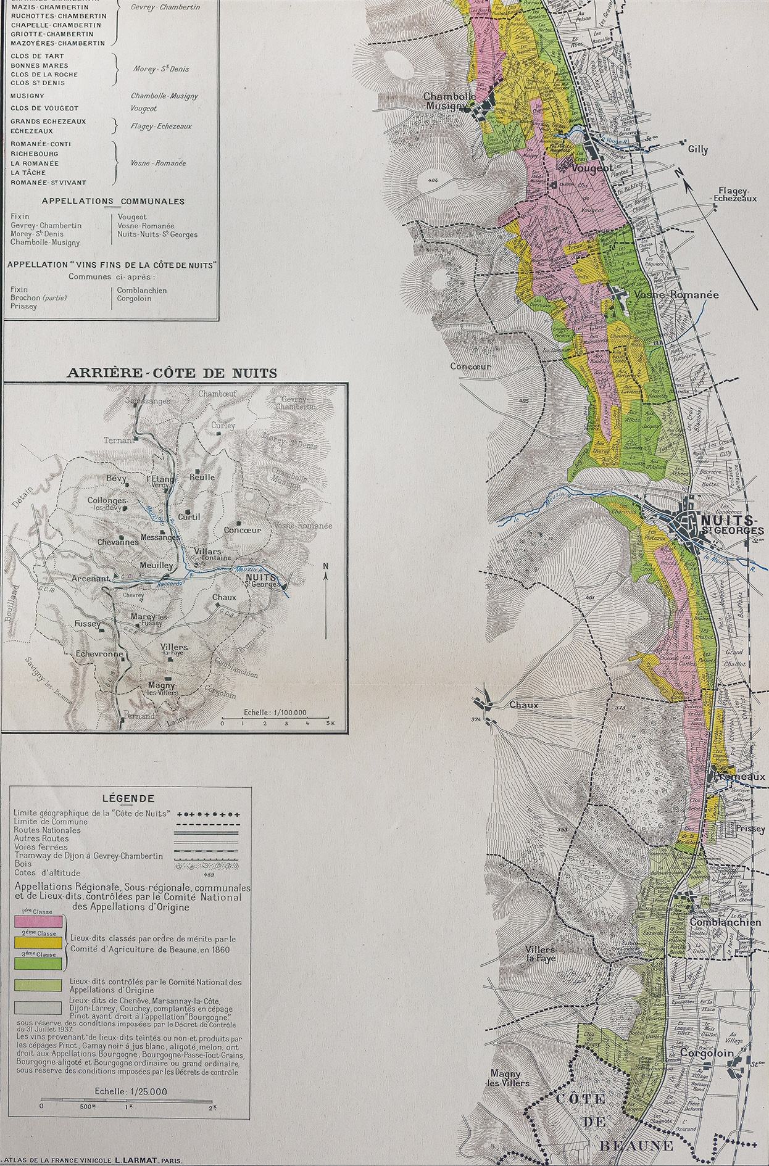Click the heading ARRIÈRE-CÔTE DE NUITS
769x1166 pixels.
pyautogui.click(x=172, y=373)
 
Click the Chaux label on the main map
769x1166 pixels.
pyautogui.click(x=523, y=705)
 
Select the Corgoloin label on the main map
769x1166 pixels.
pyautogui.click(x=707, y=1053)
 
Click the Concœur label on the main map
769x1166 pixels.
pyautogui.click(x=470, y=366)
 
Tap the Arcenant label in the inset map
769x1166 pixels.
pyautogui.click(x=90, y=579)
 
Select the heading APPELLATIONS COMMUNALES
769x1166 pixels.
pyautogui.click(x=113, y=201)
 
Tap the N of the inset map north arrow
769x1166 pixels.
pyautogui.click(x=326, y=565)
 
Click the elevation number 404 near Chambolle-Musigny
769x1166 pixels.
pyautogui.click(x=431, y=180)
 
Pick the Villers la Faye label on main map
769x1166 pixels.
pyautogui.click(x=541, y=954)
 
